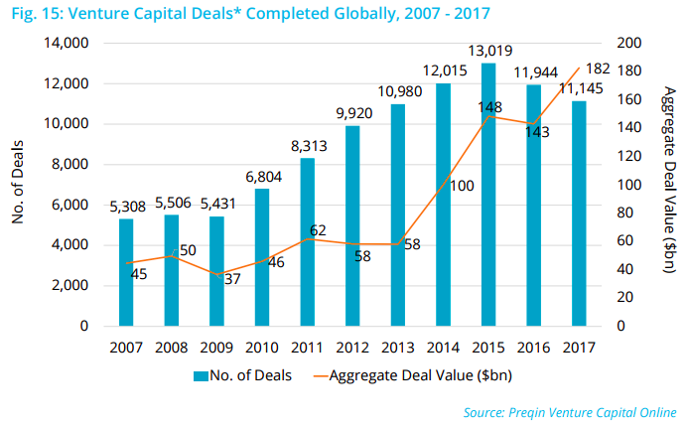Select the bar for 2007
pos(126,272)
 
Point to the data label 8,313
pos(307,147)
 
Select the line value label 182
pos(598,69)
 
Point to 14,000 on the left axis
pos(69,44)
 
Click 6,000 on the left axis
pos(72,205)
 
